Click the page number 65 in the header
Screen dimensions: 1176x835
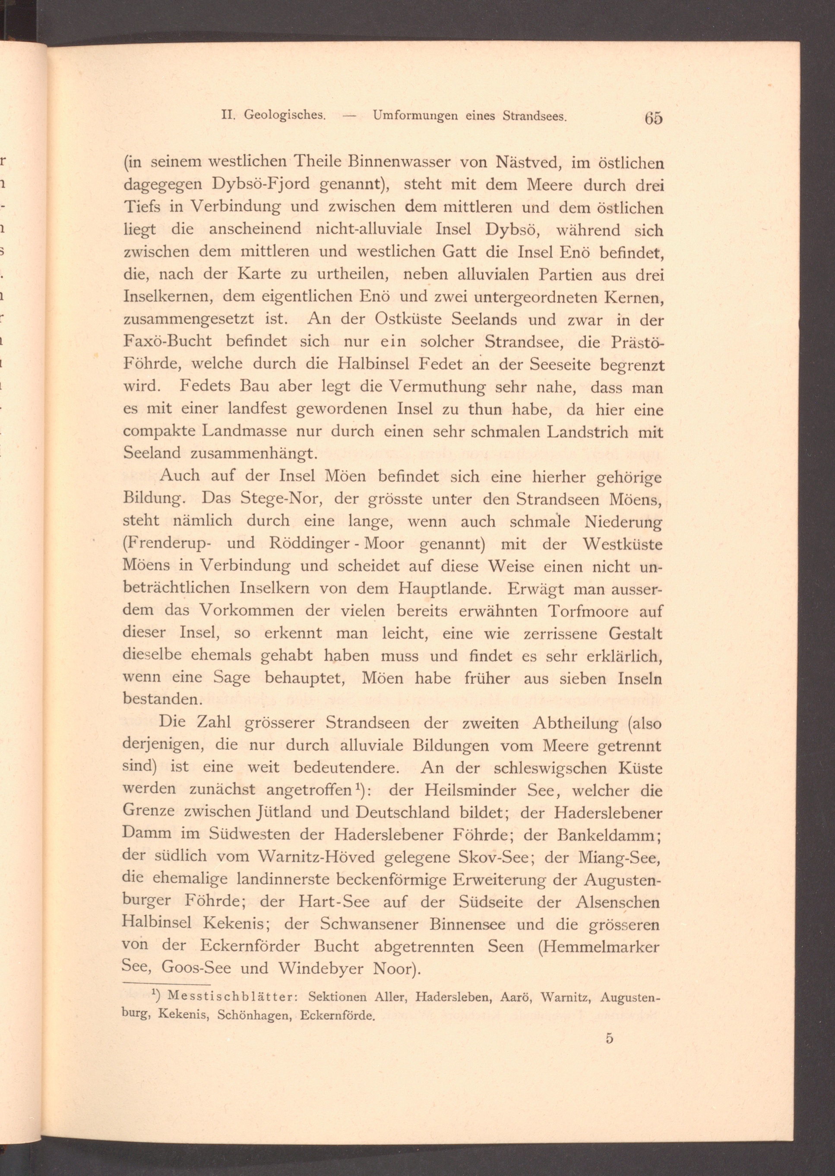tap(653, 118)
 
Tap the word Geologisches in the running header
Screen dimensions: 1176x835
tap(285, 116)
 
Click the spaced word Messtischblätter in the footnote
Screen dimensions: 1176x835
tap(231, 997)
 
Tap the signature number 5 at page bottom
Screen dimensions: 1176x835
tap(609, 1038)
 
